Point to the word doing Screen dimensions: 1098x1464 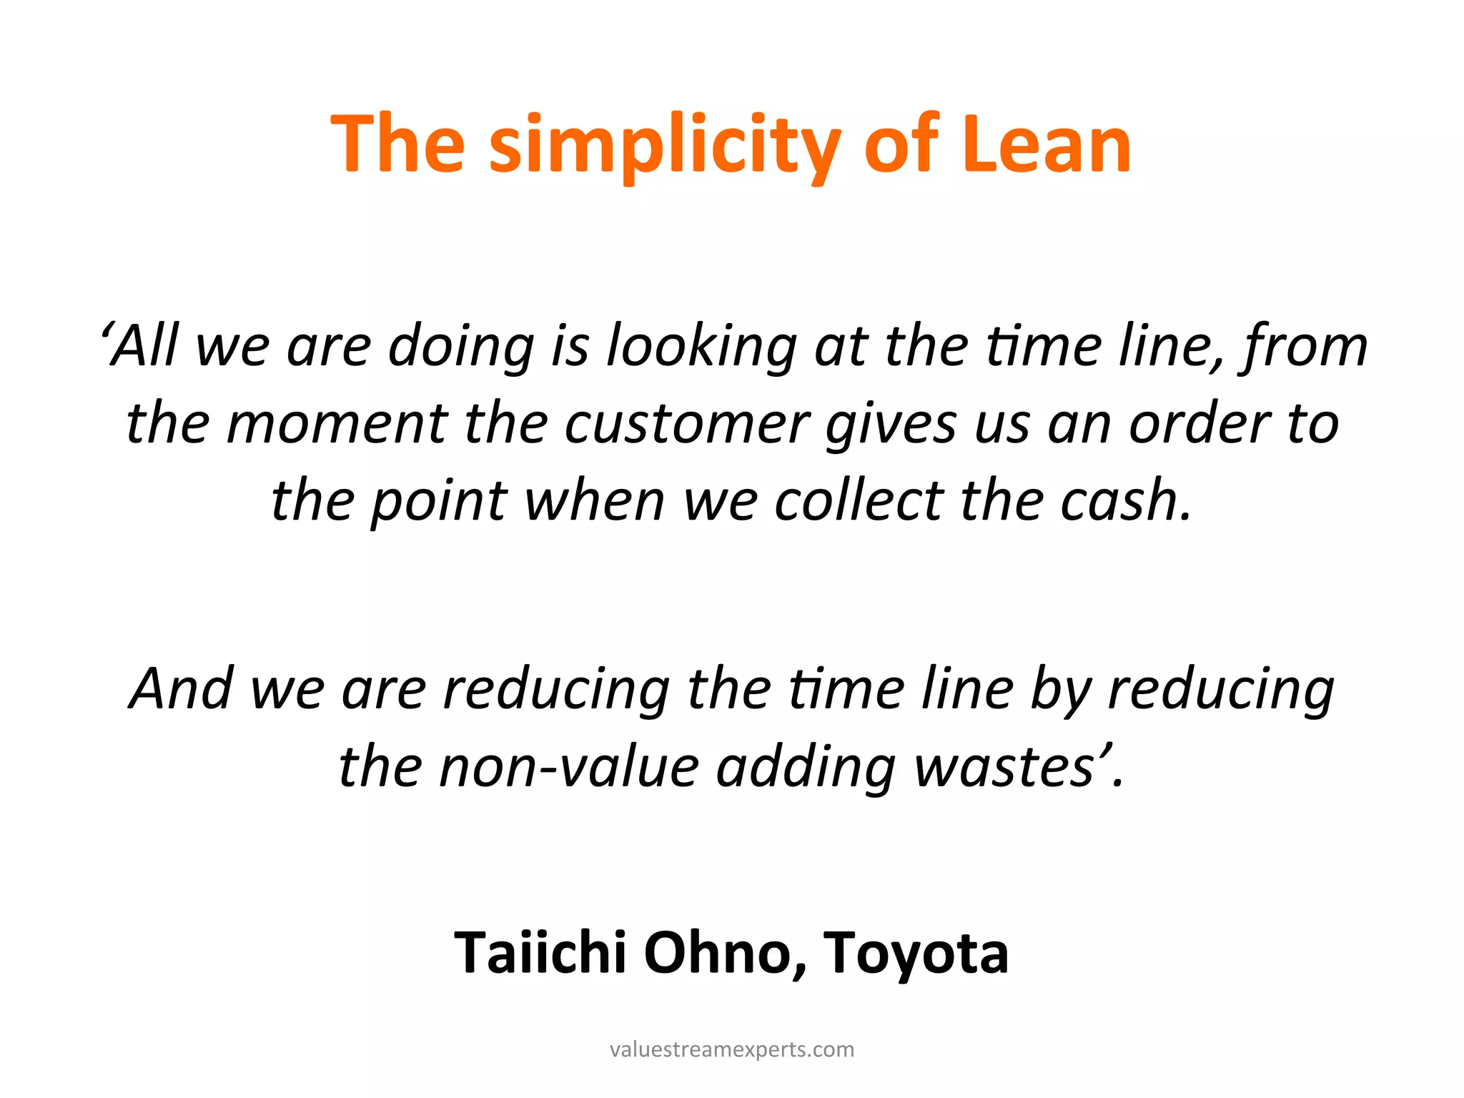pos(461,347)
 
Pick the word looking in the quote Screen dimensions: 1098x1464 pos(701,347)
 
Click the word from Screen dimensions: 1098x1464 pos(1304,347)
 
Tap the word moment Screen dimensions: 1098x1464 pos(336,423)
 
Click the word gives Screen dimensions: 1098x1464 pos(891,425)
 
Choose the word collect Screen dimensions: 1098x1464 pos(859,500)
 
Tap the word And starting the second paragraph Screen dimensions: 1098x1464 pos(182,688)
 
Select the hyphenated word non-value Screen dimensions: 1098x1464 pos(568,767)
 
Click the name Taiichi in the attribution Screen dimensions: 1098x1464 pos(540,953)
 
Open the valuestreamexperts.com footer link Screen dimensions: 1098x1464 pos(732,1049)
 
